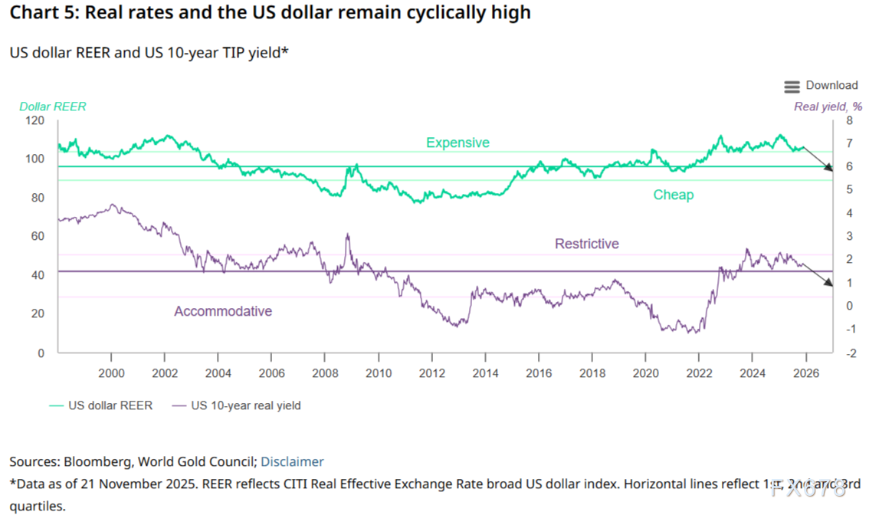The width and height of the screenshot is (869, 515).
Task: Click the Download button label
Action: (831, 86)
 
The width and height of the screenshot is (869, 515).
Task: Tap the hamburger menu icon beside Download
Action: (792, 87)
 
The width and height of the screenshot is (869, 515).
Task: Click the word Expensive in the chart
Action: (457, 143)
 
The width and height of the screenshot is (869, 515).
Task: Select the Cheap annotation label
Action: (673, 195)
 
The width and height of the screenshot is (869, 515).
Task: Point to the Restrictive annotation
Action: (586, 244)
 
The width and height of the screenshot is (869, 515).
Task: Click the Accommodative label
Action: (223, 311)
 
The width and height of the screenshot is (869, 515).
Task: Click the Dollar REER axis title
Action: (53, 107)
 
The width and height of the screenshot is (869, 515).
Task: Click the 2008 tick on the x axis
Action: (325, 373)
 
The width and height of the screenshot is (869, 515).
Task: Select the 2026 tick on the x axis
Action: (805, 373)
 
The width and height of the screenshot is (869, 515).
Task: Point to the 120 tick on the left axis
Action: (34, 121)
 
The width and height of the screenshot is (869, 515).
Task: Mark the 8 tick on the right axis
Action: (848, 121)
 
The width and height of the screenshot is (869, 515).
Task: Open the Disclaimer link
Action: (292, 461)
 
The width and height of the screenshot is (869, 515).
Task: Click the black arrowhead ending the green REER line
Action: (828, 168)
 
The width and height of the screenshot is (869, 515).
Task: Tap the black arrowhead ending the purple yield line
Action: (828, 283)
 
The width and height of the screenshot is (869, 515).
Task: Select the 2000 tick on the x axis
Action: (112, 373)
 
